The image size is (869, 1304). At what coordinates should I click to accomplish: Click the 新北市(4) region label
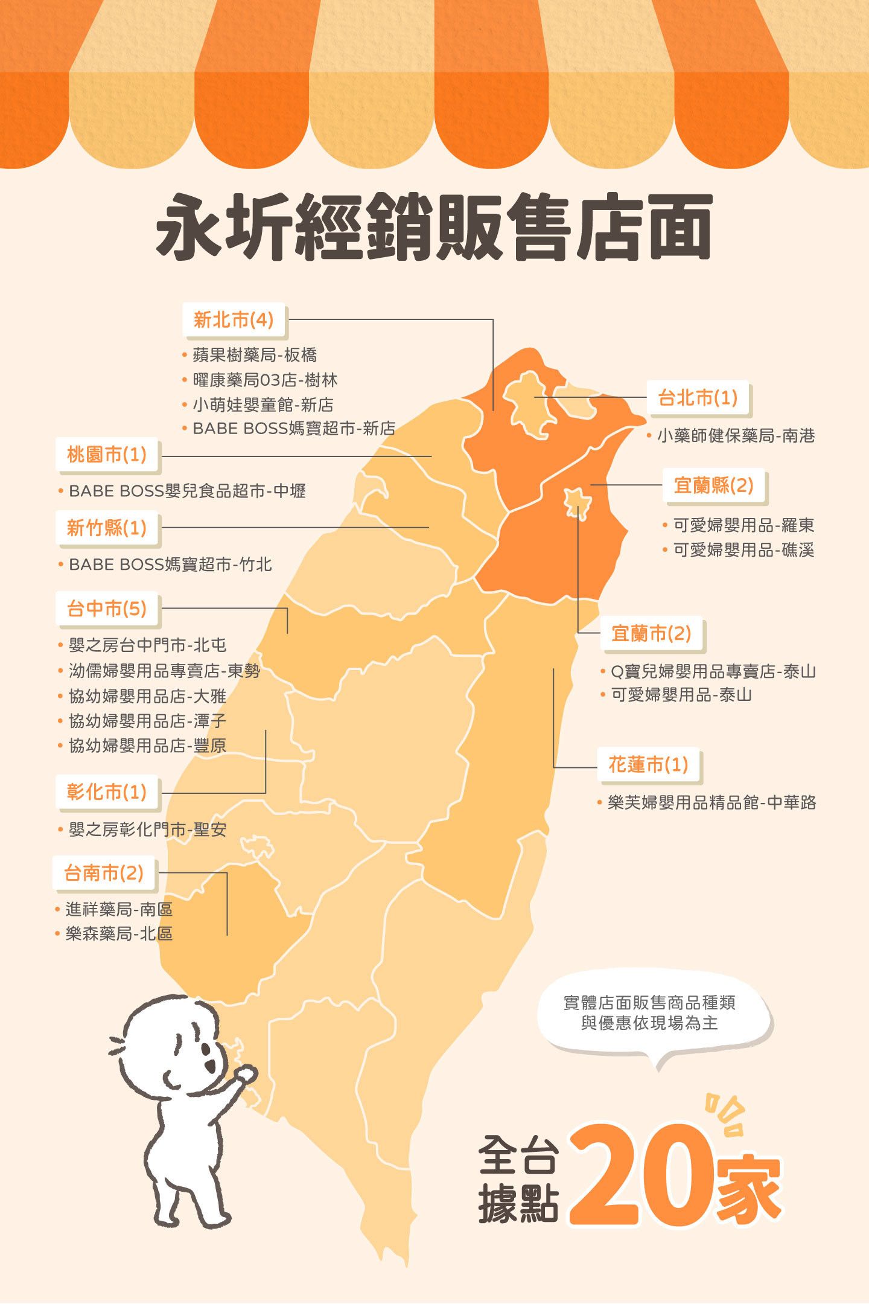pos(234,320)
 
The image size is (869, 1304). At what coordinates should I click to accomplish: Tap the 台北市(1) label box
pos(698,398)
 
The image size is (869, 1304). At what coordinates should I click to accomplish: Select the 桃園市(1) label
pos(107,455)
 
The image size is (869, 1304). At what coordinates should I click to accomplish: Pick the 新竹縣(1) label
pos(107,528)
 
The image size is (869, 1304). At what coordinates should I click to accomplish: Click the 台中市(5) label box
pos(107,609)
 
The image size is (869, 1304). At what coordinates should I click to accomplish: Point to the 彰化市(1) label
pos(107,792)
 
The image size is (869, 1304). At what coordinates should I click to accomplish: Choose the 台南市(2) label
pos(104,873)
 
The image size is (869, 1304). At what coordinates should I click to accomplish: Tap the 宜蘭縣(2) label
pos(714,485)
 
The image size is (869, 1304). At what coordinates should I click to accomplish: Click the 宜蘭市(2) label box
pos(651,634)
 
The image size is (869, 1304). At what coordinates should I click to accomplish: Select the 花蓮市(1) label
pos(648,765)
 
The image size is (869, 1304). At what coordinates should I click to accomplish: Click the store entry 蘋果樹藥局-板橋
pos(255,355)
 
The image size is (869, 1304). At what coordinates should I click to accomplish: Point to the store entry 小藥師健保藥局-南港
pos(736,436)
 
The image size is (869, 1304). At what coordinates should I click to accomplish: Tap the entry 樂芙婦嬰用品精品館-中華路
pos(711,803)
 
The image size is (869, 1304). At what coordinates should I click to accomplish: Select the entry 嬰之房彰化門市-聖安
pos(147,829)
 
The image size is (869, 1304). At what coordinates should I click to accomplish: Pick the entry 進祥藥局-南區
pos(119,909)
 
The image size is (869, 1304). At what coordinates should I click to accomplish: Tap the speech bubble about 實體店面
pos(649,1013)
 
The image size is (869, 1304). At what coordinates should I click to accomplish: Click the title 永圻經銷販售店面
pos(434,226)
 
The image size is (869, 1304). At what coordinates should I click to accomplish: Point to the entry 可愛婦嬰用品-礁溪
pos(743,550)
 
